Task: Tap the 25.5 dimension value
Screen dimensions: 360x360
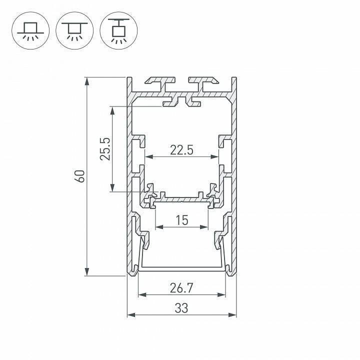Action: (x=105, y=148)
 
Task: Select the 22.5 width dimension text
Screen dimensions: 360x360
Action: (x=181, y=149)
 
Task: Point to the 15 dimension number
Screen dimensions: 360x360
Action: (x=182, y=220)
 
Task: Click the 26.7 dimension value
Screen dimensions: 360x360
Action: (x=181, y=288)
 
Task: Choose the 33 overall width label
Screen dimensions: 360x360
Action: (x=181, y=308)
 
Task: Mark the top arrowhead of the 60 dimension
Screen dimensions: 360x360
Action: (x=87, y=80)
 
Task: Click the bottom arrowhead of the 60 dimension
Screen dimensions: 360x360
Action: (x=87, y=272)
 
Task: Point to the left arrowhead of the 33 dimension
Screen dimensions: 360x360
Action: (x=130, y=315)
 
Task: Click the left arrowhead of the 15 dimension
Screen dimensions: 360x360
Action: (x=158, y=227)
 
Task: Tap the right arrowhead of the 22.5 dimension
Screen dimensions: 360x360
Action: (x=216, y=156)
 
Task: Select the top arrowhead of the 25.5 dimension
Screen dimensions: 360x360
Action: (x=113, y=109)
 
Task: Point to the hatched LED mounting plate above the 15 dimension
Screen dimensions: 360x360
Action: (x=182, y=199)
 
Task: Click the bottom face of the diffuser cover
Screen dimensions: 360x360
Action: (x=182, y=268)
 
